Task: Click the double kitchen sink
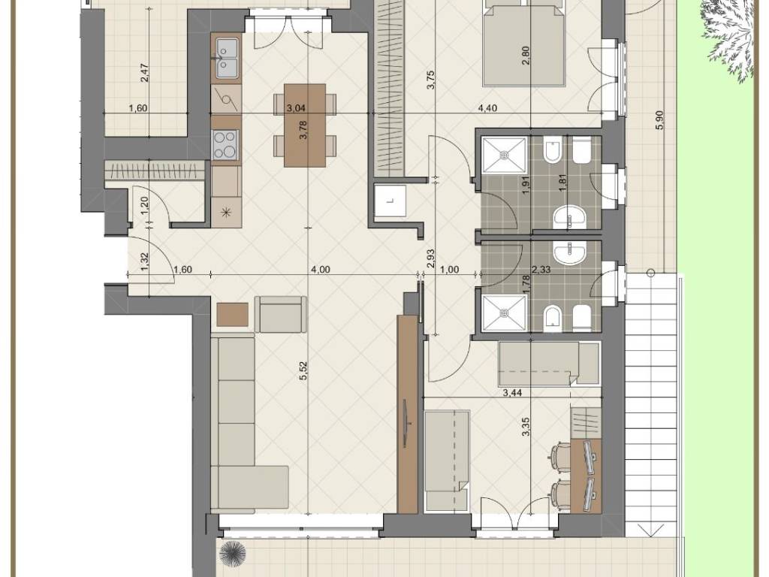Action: coord(226,58)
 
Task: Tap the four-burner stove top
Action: coord(225,144)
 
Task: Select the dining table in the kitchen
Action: coord(305,125)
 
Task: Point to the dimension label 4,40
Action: coord(488,108)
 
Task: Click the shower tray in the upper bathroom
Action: coord(505,155)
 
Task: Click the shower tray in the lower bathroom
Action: coord(505,312)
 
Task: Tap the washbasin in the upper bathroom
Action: coord(571,217)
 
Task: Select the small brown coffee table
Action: coord(233,315)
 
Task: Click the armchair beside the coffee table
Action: coord(281,315)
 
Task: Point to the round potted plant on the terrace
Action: coord(232,554)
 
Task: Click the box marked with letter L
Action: coord(390,201)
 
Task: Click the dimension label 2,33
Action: coord(541,270)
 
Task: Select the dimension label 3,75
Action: coord(431,79)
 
